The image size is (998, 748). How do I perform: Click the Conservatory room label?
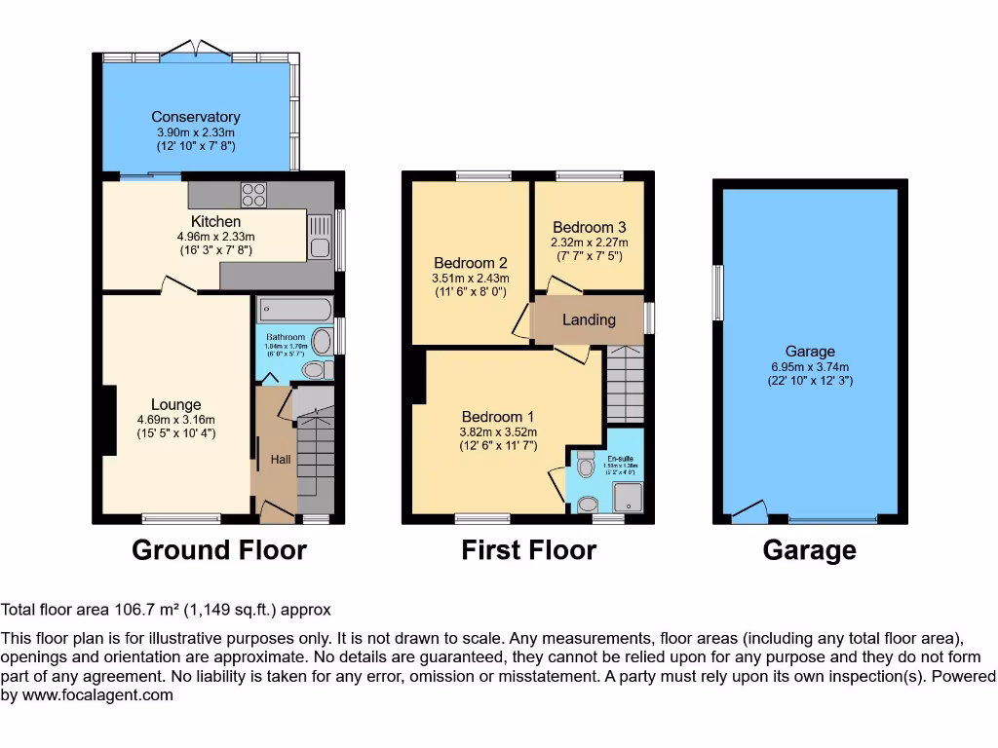coord(196,117)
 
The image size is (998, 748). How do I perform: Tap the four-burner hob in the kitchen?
coord(254,194)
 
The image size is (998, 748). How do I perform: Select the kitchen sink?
coord(320,237)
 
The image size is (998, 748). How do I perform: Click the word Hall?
coord(281,460)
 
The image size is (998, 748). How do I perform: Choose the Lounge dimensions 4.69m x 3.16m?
coord(176,420)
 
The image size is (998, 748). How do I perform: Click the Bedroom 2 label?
coord(471,263)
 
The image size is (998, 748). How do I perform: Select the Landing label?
coord(589,319)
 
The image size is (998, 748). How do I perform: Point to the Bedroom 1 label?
coord(498,418)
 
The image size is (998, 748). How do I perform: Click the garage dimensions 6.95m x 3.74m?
coord(810,366)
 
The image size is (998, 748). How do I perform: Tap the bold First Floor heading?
coord(528,550)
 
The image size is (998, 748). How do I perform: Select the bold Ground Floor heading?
coord(219,550)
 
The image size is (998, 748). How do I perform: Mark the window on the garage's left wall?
coord(718,292)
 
